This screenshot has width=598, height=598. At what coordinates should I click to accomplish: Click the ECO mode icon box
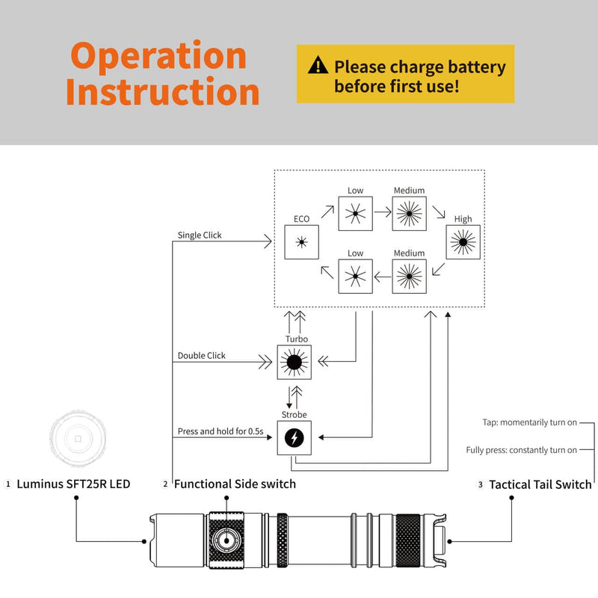[x=302, y=241]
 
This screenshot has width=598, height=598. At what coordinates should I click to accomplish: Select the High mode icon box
[x=463, y=241]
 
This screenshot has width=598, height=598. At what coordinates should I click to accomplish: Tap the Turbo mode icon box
[x=293, y=362]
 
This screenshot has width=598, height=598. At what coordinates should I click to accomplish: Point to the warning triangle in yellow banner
[x=318, y=66]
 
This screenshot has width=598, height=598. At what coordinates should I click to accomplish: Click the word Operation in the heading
[x=158, y=56]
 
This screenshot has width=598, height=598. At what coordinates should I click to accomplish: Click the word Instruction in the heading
[x=162, y=92]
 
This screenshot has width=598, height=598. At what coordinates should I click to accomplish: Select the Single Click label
[x=200, y=235]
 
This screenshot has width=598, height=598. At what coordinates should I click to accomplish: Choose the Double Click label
[x=201, y=356]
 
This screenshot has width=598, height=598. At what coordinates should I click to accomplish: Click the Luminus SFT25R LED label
[x=73, y=484]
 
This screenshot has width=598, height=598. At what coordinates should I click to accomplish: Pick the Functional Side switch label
[x=235, y=484]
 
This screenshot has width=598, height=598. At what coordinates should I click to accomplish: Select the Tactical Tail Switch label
[x=540, y=485]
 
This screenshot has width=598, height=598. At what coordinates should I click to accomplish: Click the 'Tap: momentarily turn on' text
[x=529, y=422]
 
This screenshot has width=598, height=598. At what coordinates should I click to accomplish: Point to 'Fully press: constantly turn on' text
[x=521, y=450]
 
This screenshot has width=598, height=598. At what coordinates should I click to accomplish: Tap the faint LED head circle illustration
[x=76, y=437]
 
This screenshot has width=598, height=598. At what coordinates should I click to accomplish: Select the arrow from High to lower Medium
[x=440, y=269]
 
